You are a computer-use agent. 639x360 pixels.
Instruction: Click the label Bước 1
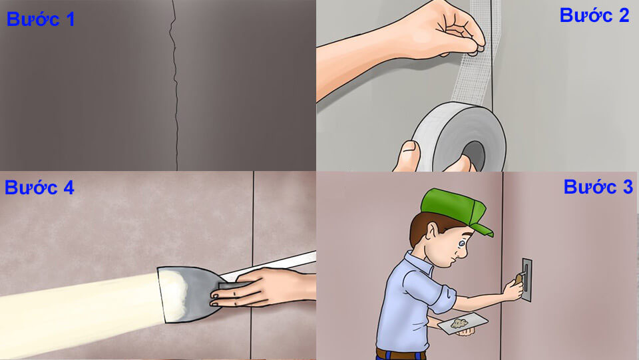pos(41,19)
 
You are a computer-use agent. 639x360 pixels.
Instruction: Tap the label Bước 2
pos(594,16)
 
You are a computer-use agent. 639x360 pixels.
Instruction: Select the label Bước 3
pos(598,188)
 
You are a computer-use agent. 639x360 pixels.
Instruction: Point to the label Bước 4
pos(39,188)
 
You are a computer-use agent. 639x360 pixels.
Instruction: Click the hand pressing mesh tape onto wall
pos(453,30)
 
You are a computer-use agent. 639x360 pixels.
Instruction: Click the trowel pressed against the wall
pos(526,279)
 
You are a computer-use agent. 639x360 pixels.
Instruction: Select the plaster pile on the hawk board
pos(459,323)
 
